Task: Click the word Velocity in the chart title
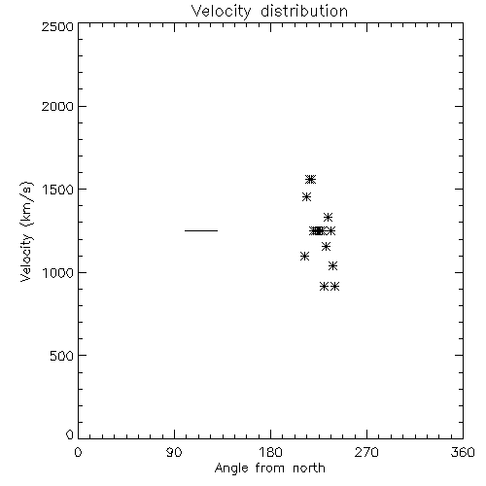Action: click(222, 12)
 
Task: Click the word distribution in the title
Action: click(304, 11)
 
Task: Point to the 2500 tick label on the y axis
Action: click(57, 26)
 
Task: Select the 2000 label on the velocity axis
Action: click(57, 106)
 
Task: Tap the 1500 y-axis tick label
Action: click(58, 190)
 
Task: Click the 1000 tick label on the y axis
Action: click(58, 273)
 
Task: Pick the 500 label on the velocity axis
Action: click(62, 356)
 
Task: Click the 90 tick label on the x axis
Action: click(174, 452)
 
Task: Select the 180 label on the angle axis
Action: click(270, 452)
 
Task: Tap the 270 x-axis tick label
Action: click(366, 452)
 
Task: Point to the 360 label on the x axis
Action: click(463, 452)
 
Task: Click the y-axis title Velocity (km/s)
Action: click(26, 231)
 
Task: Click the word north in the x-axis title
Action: click(309, 469)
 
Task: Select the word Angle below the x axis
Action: click(231, 469)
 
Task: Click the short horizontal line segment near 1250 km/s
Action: click(201, 230)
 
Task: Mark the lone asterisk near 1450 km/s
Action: click(306, 196)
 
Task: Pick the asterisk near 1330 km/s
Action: click(328, 217)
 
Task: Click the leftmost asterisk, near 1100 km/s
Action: click(304, 257)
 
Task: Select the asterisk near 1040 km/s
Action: click(332, 266)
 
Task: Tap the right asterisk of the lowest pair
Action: click(335, 287)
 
